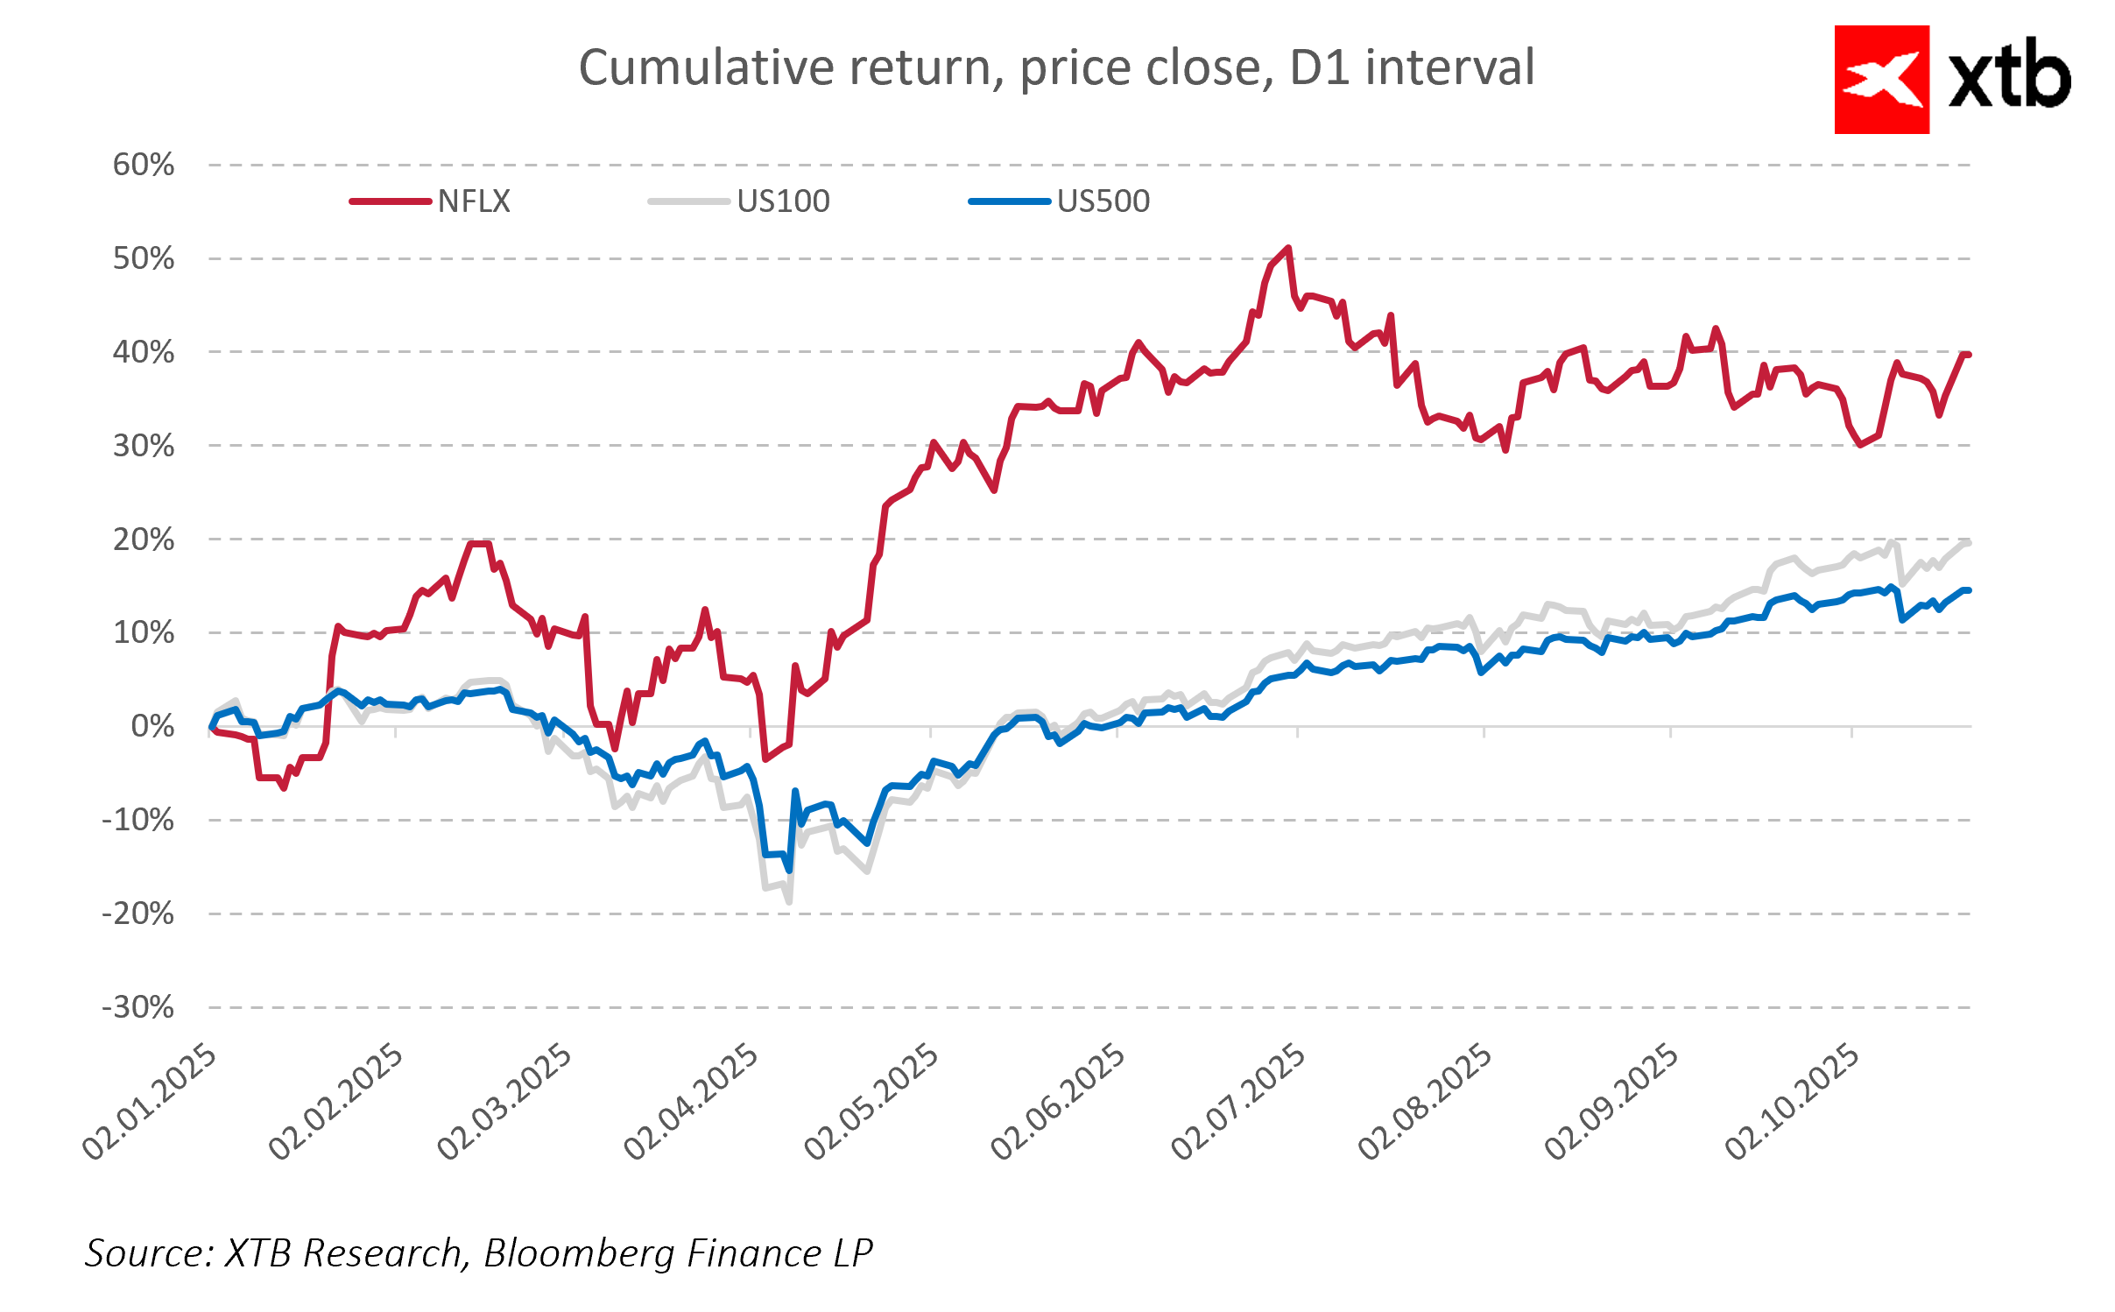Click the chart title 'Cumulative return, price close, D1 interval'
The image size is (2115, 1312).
coord(1056,67)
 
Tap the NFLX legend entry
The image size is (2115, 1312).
coord(473,201)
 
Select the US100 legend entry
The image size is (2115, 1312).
coord(782,201)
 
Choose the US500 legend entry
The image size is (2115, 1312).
coord(1103,201)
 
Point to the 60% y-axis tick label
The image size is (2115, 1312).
coord(144,165)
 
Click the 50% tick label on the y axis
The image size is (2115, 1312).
coord(144,258)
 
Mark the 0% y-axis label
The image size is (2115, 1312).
coord(152,726)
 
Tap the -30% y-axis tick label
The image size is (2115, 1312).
coord(138,1007)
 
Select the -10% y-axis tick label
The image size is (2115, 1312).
coord(138,820)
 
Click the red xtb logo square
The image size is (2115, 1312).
coord(1881,80)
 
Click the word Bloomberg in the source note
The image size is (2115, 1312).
coord(579,1252)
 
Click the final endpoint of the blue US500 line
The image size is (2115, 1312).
coord(1968,590)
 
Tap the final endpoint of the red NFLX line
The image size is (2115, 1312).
coord(1968,355)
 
